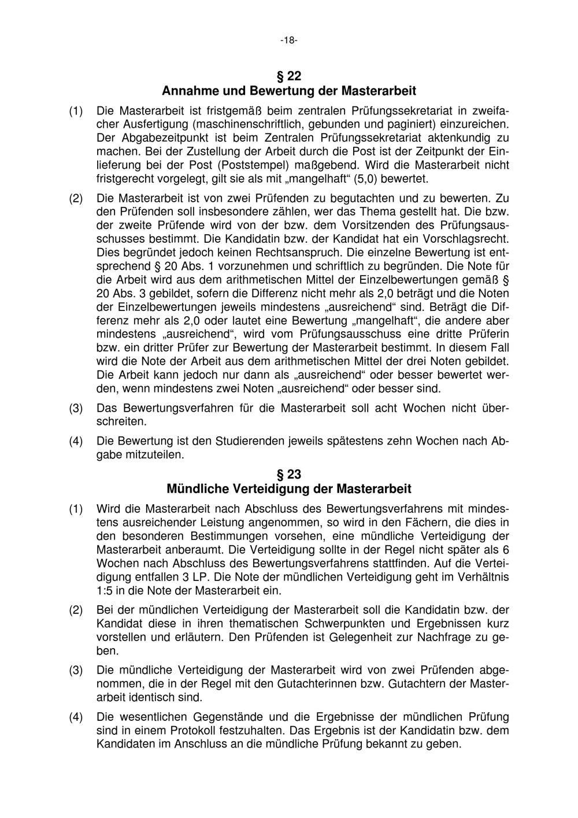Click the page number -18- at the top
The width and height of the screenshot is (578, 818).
288,40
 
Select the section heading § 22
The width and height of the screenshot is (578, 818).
288,76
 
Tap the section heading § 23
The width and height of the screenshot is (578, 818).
288,474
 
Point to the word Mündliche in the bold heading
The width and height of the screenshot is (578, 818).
197,488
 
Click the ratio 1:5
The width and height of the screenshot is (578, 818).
108,591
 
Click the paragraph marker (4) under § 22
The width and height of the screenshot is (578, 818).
76,441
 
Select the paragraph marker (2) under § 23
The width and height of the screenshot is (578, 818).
76,610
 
